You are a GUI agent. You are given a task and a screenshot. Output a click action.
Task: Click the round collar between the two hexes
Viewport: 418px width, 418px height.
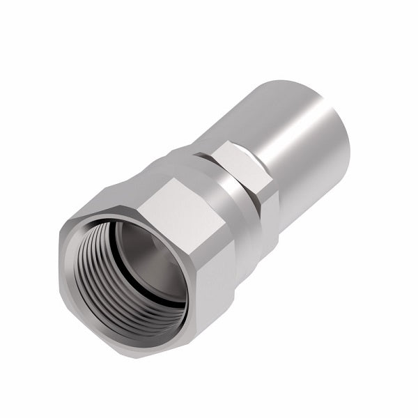click(240, 209)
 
